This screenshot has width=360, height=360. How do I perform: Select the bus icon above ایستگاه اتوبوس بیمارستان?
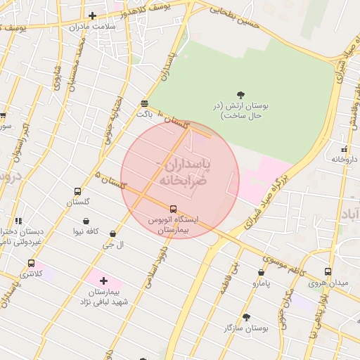click(173, 208)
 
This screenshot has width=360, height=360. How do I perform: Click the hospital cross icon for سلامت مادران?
click(92, 15)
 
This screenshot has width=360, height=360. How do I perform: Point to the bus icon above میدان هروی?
click(328, 271)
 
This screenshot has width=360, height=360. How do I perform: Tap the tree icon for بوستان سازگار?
click(246, 317)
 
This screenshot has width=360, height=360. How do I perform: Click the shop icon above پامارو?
click(262, 272)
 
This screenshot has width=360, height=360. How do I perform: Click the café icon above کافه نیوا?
click(86, 220)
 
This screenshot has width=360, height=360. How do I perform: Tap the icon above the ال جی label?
click(112, 233)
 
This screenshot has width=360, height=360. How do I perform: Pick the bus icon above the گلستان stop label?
click(77, 191)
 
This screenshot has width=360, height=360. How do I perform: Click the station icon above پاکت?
click(144, 102)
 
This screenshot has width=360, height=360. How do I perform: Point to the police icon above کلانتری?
click(31, 263)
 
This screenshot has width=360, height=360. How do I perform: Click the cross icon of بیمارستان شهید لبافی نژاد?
click(103, 280)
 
